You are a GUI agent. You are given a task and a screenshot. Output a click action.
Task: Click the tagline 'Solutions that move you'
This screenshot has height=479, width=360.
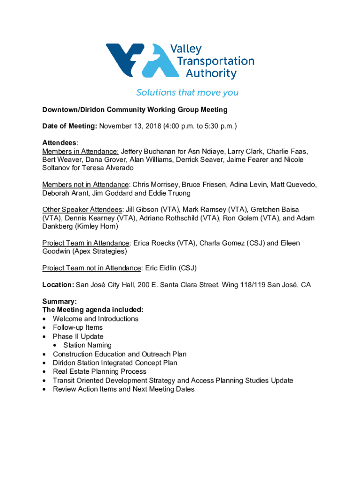pyautogui.click(x=187, y=93)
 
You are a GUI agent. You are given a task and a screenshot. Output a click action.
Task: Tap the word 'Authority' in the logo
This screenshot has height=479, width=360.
pyautogui.click(x=211, y=73)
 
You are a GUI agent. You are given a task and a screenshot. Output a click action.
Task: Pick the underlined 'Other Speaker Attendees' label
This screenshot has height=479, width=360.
pyautogui.click(x=82, y=209)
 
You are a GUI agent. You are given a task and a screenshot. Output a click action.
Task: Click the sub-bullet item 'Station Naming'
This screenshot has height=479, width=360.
pyautogui.click(x=87, y=345)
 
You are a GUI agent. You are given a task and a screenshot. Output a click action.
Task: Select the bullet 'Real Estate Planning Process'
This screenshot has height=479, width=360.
pyautogui.click(x=99, y=371)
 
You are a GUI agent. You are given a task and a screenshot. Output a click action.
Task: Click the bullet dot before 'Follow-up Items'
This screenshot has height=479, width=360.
pyautogui.click(x=44, y=328)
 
